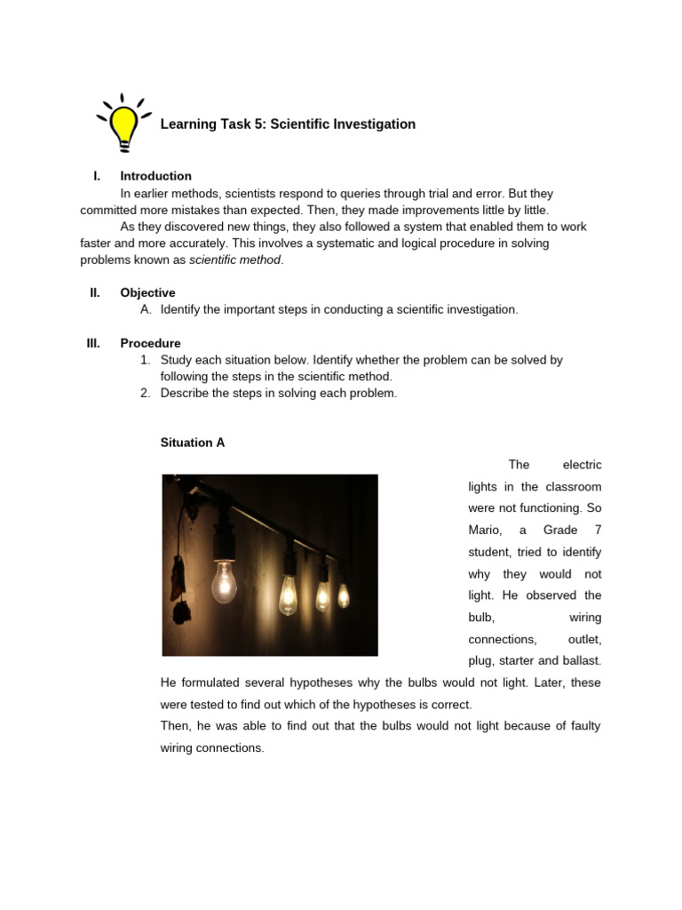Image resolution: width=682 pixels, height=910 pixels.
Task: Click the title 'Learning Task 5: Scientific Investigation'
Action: coord(288,124)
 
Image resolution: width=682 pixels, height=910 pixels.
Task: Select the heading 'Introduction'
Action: coord(155,176)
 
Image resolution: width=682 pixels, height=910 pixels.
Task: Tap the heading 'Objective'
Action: coord(147,292)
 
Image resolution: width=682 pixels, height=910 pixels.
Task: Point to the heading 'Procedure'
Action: coord(150,343)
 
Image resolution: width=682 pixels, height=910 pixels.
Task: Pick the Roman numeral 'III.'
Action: coord(93,343)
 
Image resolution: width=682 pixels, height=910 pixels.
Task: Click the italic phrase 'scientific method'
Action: coord(234,259)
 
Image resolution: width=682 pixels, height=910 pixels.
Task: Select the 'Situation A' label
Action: coord(192,443)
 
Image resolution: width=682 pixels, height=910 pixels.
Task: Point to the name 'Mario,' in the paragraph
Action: coord(486,530)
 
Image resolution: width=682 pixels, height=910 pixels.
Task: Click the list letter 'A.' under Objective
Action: coord(147,309)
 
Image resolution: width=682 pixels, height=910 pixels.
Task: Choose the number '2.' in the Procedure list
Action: coord(146,393)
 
